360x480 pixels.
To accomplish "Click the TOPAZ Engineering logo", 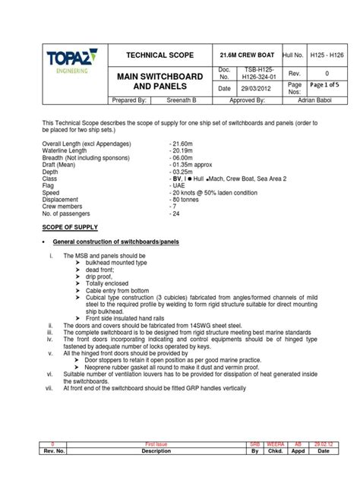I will tap(65, 61).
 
